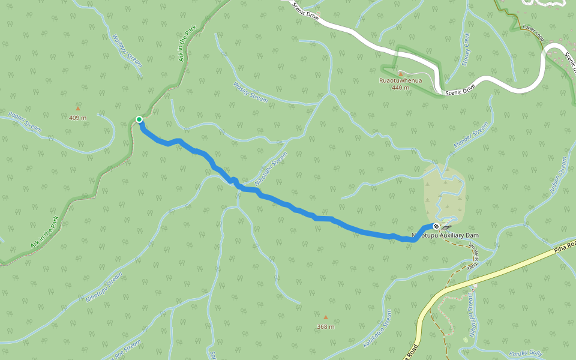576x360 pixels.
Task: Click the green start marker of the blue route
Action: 139,119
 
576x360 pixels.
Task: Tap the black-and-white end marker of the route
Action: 436,226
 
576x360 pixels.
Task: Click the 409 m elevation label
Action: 77,118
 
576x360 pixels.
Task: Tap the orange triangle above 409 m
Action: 77,109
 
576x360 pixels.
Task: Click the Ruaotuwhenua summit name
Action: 400,80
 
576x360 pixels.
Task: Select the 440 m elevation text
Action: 400,88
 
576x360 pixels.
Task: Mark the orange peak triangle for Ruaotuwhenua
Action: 400,73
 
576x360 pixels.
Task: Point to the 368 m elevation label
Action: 326,327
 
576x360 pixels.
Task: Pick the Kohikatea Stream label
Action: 377,329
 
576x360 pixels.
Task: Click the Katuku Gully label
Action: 525,354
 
